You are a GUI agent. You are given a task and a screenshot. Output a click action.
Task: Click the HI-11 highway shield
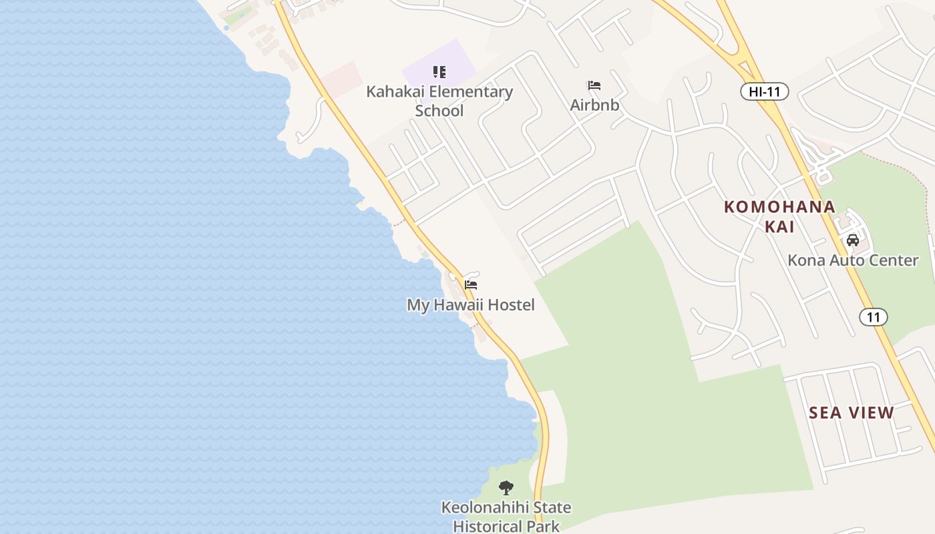coord(765,92)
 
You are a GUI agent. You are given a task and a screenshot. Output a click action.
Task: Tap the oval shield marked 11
coord(874,316)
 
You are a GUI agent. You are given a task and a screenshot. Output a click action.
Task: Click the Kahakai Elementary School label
coord(439,101)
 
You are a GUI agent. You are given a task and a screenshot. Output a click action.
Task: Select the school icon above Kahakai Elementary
coord(439,71)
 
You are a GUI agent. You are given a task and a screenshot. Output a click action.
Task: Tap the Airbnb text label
coord(594,105)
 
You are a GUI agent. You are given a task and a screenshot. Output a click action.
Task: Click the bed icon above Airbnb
coord(594,85)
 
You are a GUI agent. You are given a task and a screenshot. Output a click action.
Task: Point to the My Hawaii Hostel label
coord(471,305)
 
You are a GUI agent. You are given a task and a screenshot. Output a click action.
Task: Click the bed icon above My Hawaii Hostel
coord(471,285)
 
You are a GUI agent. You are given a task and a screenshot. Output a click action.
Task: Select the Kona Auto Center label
coord(853,260)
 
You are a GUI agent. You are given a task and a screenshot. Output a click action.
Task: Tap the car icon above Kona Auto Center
coord(852,240)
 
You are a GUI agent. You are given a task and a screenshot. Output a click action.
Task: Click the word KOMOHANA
coord(779,207)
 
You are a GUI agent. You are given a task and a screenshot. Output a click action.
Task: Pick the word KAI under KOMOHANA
coord(779,227)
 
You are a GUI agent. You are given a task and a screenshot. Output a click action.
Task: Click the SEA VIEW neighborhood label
coord(852,413)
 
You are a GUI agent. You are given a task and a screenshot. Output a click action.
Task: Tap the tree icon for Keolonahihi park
coord(506,488)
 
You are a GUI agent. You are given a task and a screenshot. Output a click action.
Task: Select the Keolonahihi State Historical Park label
coord(506,517)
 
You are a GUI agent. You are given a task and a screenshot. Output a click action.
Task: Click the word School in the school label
coord(439,111)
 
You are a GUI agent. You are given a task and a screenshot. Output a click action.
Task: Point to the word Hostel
coord(511,305)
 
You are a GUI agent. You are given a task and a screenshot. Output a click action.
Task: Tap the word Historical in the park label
coord(490,526)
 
